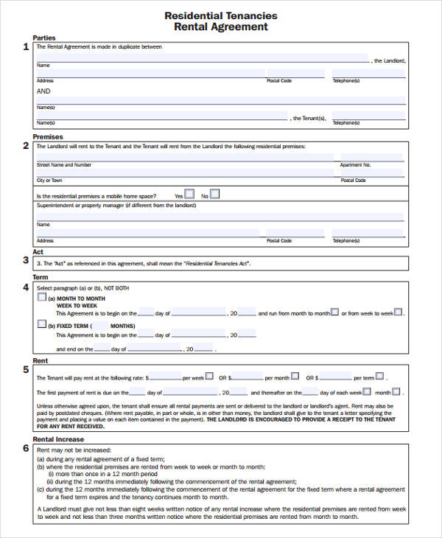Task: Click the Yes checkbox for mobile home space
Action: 189,195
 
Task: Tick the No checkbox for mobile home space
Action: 214,195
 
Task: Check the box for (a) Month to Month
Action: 41,298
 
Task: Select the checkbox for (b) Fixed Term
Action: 41,324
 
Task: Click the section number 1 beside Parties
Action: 26,46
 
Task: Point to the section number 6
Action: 26,448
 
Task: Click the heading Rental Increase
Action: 59,439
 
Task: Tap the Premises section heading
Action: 48,137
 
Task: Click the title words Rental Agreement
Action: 221,27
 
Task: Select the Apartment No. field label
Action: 357,165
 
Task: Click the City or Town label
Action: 49,180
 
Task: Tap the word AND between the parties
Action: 43,91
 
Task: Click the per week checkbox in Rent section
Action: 210,376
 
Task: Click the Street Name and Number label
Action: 64,165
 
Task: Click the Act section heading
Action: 38,252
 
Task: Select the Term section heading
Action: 41,277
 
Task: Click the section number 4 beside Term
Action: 26,287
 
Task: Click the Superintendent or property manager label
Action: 116,206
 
